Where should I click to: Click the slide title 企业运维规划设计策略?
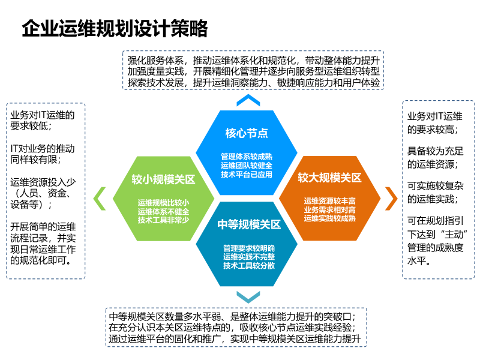(x=114, y=28)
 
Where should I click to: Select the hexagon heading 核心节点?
(x=246, y=133)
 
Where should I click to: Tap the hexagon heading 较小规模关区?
(x=164, y=179)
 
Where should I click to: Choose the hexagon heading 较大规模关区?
(x=329, y=178)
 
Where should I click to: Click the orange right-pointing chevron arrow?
(x=391, y=198)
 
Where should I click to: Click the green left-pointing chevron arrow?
(x=100, y=199)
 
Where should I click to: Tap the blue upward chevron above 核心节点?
(x=248, y=100)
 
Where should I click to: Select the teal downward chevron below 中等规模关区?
(x=248, y=296)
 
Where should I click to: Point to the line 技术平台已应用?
(x=246, y=175)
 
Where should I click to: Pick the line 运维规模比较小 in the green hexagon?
(x=163, y=202)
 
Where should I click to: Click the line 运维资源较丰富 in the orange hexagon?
(x=329, y=200)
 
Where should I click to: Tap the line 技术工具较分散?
(x=248, y=265)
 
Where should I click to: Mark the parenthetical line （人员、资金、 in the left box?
(x=42, y=193)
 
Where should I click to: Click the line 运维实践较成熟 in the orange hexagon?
(x=329, y=218)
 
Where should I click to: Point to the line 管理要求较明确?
(x=248, y=247)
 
